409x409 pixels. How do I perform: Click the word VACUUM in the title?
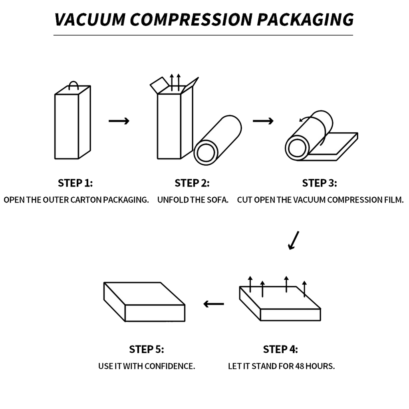(x=90, y=19)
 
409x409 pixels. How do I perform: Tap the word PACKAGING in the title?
(x=306, y=19)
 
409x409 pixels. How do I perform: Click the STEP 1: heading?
(x=75, y=183)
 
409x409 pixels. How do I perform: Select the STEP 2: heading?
(x=192, y=183)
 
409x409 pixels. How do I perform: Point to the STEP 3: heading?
(x=320, y=183)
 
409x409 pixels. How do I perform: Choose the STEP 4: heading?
(x=280, y=349)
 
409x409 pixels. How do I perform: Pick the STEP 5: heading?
(x=147, y=349)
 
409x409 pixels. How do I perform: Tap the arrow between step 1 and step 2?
(x=119, y=121)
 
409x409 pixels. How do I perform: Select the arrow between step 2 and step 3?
(x=263, y=121)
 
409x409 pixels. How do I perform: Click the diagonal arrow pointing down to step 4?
(x=294, y=240)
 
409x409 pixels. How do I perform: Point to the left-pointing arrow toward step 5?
(x=214, y=304)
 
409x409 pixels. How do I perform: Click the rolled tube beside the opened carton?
(x=218, y=140)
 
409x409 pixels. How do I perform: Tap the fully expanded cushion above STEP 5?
(x=145, y=302)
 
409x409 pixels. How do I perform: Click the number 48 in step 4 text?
(x=300, y=366)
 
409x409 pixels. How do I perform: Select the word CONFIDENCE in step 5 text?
(x=170, y=366)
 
